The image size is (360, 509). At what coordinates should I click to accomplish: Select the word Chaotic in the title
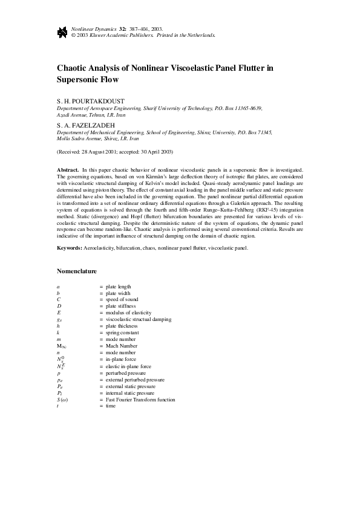(x=74, y=68)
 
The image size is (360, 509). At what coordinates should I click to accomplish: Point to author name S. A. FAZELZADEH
(x=84, y=126)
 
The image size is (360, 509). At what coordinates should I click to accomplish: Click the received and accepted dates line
(x=115, y=151)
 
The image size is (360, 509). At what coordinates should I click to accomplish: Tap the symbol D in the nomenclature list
(x=59, y=306)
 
